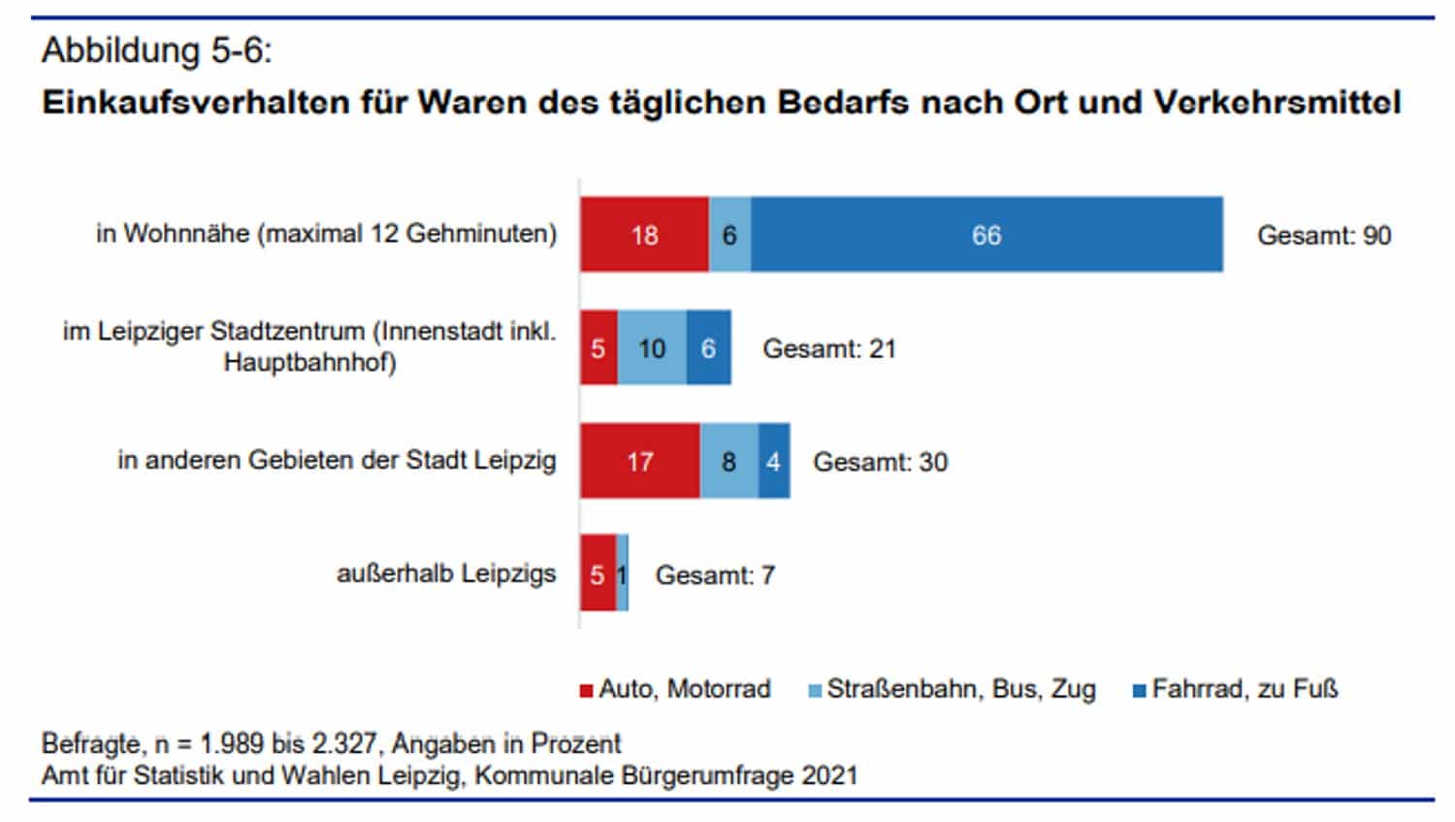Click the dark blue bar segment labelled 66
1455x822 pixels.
click(986, 235)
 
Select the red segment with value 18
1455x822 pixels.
click(645, 235)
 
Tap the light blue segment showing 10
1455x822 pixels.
click(652, 348)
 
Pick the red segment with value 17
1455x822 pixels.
click(640, 461)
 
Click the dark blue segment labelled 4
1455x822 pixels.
click(774, 461)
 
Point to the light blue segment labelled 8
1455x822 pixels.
click(728, 461)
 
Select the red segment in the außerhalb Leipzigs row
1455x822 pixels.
click(598, 574)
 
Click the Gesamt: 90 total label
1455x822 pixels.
click(1324, 236)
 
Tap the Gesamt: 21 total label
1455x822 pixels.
click(828, 348)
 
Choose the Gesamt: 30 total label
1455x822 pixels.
click(880, 462)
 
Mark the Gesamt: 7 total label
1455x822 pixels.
click(715, 575)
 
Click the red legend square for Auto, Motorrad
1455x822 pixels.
click(586, 691)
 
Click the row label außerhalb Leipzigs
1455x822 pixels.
click(446, 574)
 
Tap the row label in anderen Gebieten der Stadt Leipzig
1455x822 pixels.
click(337, 460)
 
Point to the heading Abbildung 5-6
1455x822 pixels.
click(156, 50)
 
